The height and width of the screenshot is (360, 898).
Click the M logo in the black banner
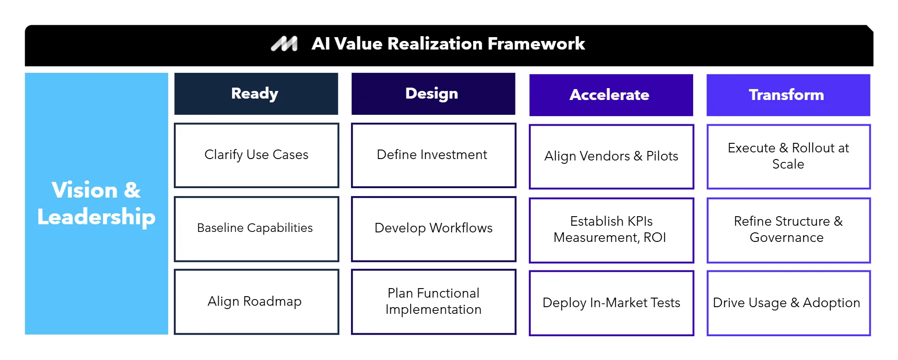point(284,44)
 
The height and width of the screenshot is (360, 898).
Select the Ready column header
point(256,94)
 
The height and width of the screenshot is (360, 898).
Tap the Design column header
point(433,94)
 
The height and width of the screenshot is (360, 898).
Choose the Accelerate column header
point(611,95)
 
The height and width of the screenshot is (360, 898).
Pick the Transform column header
point(788,95)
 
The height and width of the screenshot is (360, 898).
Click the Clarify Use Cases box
point(256,155)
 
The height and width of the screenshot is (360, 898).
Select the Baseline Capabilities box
point(256,229)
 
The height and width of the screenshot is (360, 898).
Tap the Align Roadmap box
point(256,302)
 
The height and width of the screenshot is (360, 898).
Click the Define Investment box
point(433,155)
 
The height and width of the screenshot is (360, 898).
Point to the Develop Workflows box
point(433,229)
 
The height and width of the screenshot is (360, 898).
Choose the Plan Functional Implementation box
point(433,302)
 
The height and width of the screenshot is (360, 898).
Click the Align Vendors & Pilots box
point(611,157)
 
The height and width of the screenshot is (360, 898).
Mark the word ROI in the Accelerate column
point(655,238)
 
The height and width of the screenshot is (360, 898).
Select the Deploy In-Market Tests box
point(611,303)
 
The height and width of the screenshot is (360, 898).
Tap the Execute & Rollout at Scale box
point(788,157)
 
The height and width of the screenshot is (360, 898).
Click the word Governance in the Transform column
point(787,238)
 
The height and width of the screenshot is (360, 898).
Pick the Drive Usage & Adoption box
point(788,303)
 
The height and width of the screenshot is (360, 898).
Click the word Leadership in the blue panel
point(96,217)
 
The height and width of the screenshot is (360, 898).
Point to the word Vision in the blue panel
point(84,190)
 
